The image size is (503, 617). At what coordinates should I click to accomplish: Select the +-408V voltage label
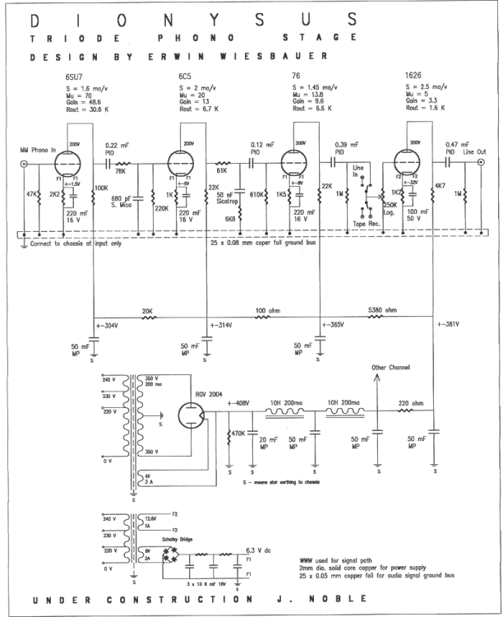pyautogui.click(x=239, y=403)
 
